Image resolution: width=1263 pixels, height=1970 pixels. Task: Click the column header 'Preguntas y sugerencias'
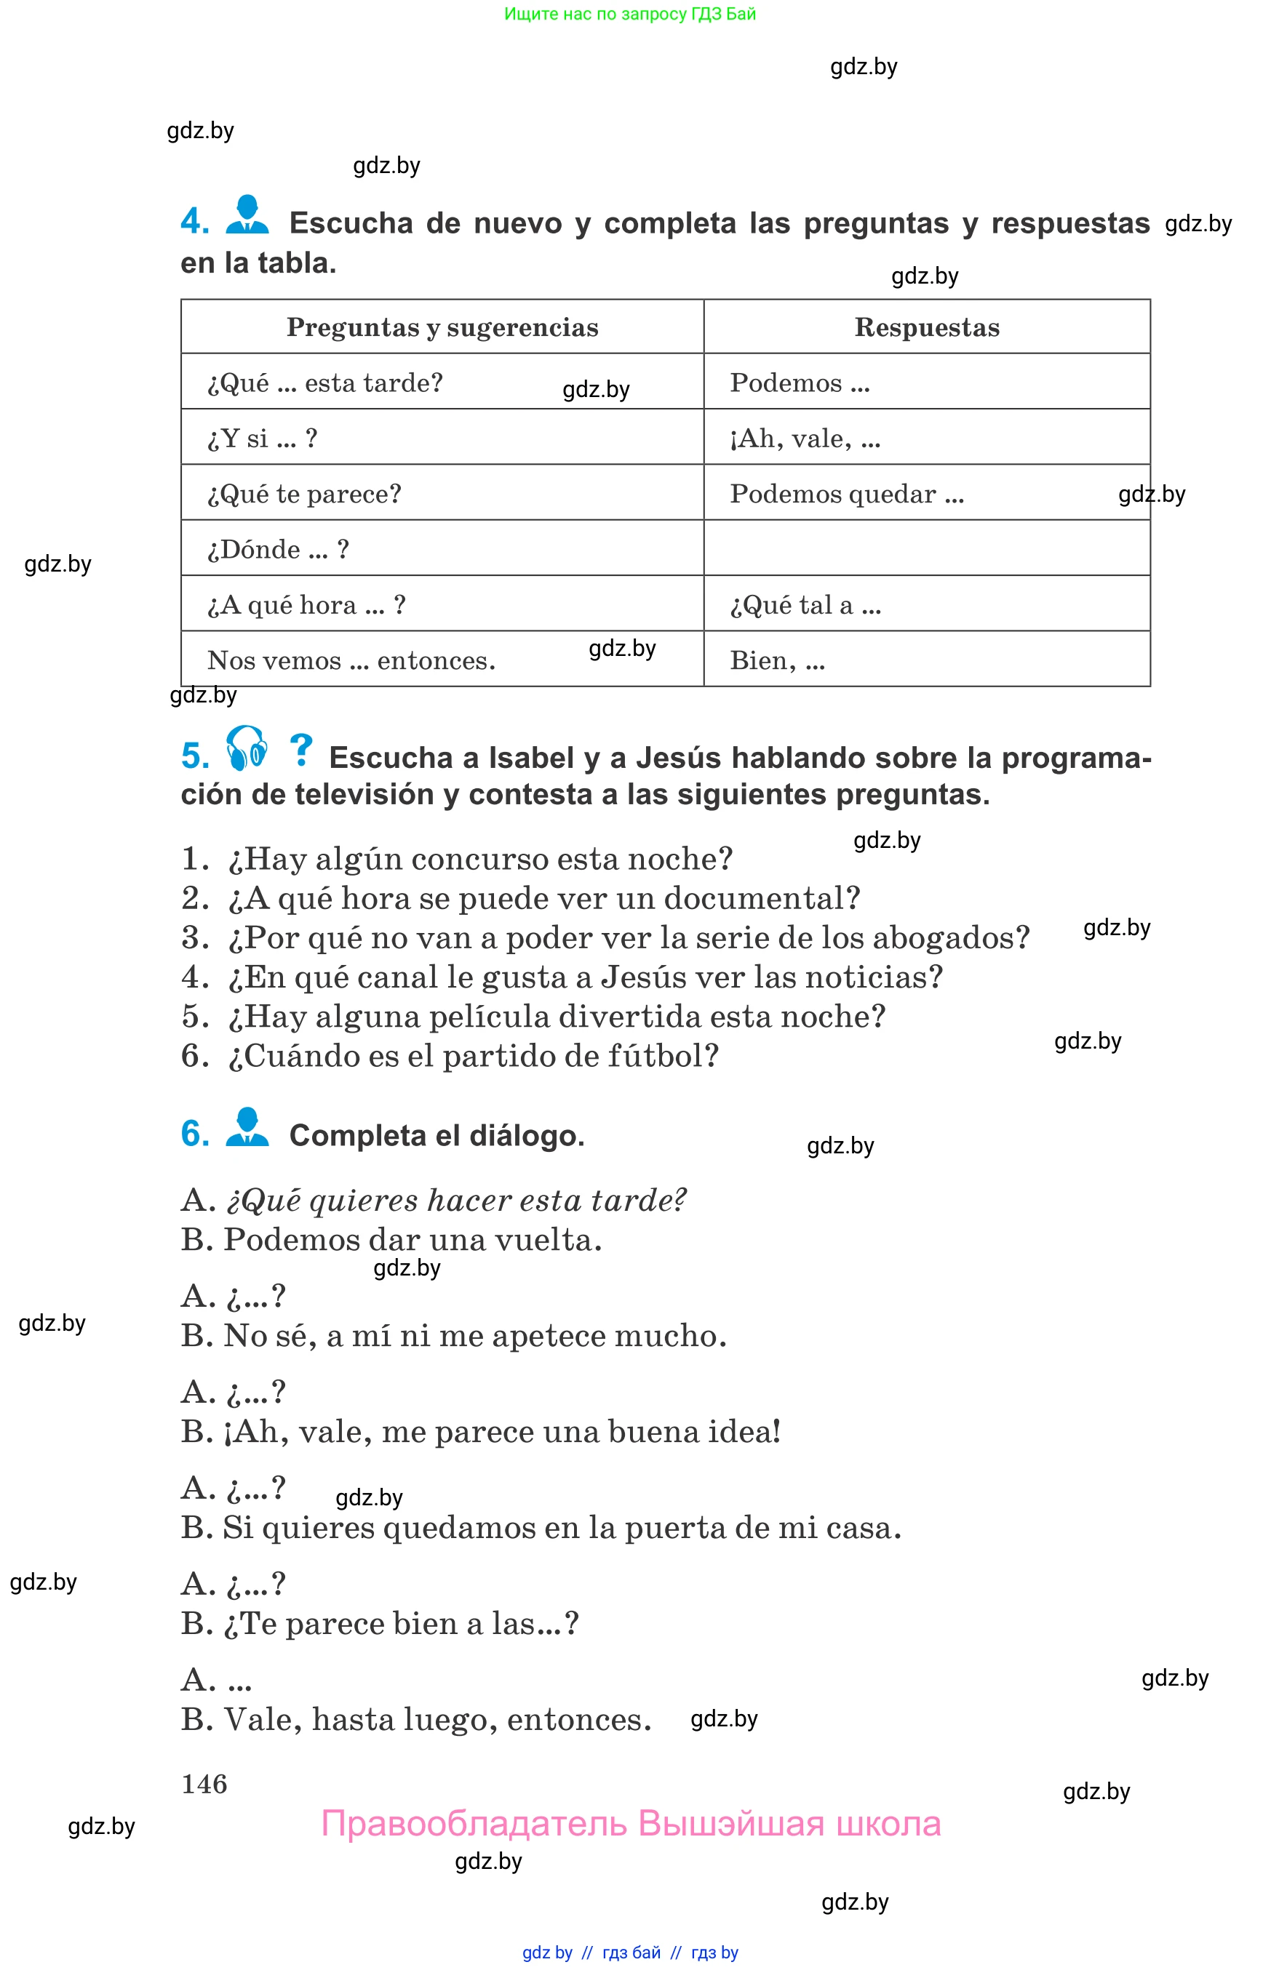pyautogui.click(x=442, y=327)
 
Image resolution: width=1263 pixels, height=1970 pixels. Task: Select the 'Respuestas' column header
pyautogui.click(x=927, y=327)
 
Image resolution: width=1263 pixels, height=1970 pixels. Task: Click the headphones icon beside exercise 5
pyautogui.click(x=246, y=748)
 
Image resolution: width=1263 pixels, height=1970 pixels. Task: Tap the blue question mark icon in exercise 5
pyautogui.click(x=301, y=749)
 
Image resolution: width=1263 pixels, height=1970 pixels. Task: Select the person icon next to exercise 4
pyautogui.click(x=247, y=215)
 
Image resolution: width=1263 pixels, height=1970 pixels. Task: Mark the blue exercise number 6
pyautogui.click(x=195, y=1134)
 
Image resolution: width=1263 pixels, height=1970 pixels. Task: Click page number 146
pyautogui.click(x=204, y=1783)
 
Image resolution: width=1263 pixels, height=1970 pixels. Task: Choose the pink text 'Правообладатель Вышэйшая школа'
pyautogui.click(x=631, y=1824)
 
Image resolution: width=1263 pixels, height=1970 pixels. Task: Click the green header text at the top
pyautogui.click(x=630, y=14)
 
